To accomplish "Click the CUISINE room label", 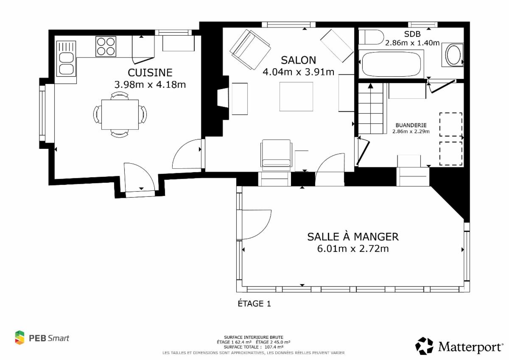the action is [x=150, y=73].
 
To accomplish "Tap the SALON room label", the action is [x=298, y=60].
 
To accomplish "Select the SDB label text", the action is [x=412, y=34].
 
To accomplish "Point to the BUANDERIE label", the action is [x=411, y=125].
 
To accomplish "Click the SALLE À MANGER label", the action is [x=353, y=237].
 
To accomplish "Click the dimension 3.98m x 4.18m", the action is [x=150, y=85].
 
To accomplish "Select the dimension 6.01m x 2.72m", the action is [x=353, y=249].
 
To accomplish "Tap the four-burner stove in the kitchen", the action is [x=106, y=46].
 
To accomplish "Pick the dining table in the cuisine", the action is [x=120, y=114].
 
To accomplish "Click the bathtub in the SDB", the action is [x=391, y=64].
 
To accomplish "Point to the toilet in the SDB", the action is [x=371, y=37].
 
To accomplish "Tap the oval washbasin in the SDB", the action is [x=453, y=55].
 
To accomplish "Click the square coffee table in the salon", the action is [x=296, y=97].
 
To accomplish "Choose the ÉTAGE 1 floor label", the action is [x=254, y=304].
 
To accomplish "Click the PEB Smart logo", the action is [x=42, y=338].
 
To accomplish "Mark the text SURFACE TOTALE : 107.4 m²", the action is [x=253, y=347].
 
